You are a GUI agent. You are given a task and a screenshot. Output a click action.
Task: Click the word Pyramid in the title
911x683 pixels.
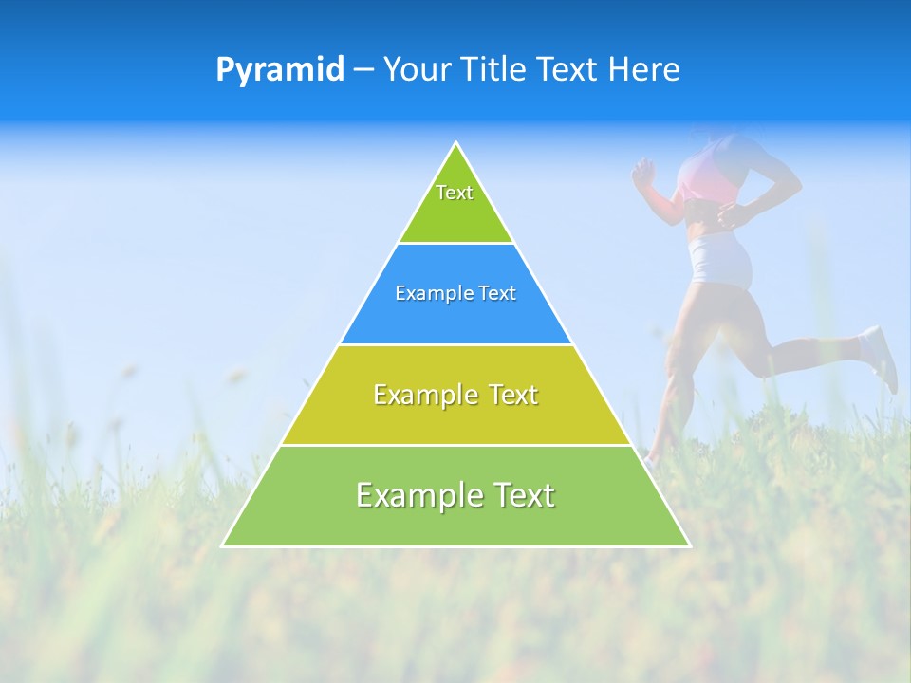pyautogui.click(x=280, y=70)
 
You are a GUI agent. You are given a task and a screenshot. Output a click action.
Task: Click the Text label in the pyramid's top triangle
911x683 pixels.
pyautogui.click(x=455, y=193)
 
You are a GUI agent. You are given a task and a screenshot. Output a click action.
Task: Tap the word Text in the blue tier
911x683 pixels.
pyautogui.click(x=498, y=293)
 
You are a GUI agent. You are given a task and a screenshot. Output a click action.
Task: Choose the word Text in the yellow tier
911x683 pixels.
pyautogui.click(x=512, y=395)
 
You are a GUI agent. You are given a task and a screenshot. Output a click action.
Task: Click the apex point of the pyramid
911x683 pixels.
pyautogui.click(x=456, y=143)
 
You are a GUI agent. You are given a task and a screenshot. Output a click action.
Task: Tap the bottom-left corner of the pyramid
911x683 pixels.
pyautogui.click(x=223, y=545)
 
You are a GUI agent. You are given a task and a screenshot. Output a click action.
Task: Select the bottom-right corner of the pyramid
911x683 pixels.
pyautogui.click(x=689, y=545)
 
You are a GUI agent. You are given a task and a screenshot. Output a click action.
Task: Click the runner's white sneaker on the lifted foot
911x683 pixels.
pyautogui.click(x=880, y=356)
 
